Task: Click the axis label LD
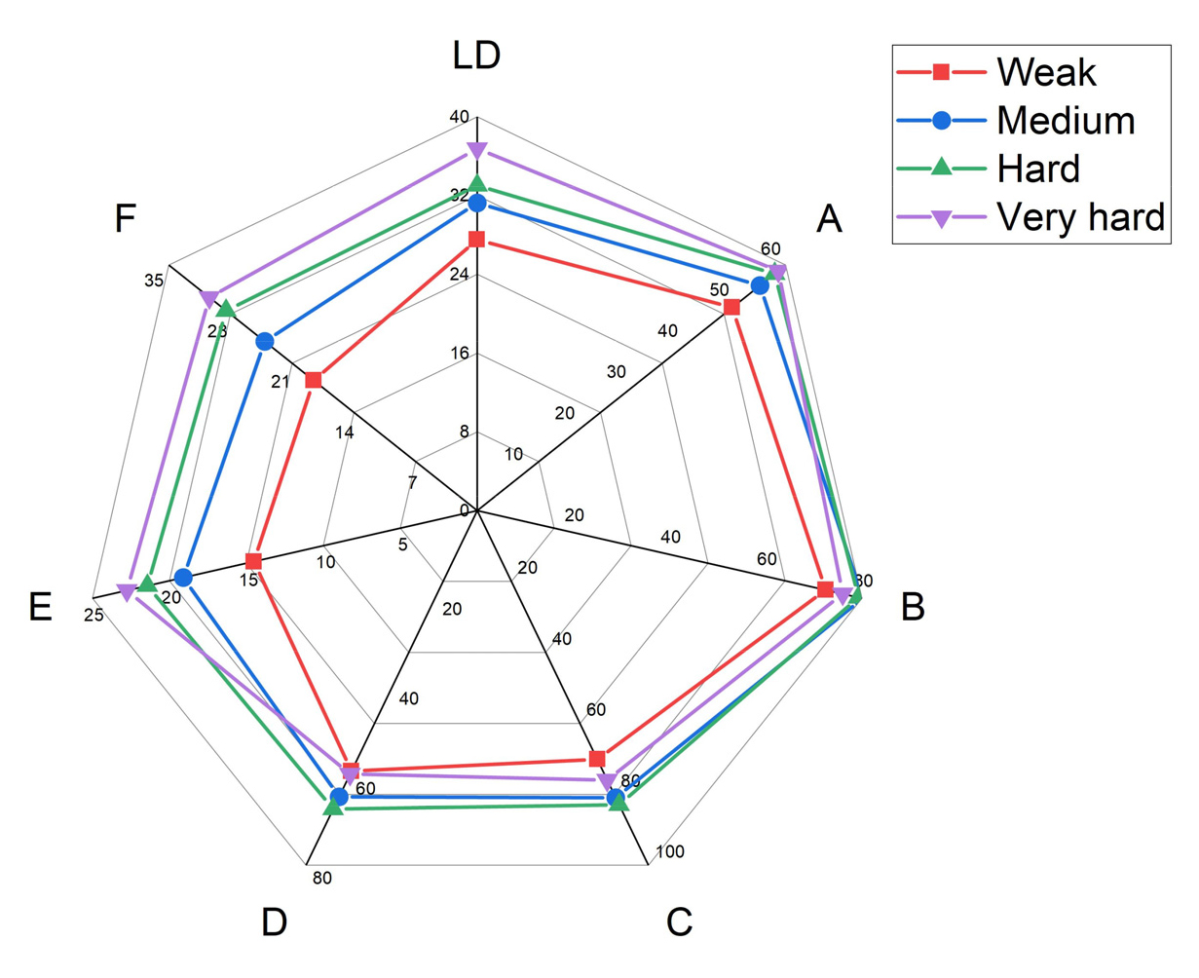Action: click(476, 56)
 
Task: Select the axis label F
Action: click(125, 219)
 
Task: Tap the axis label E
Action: click(40, 607)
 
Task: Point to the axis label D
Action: click(275, 922)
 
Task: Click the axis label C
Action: click(679, 922)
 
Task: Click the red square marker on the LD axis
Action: click(476, 240)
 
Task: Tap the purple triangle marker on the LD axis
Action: click(476, 150)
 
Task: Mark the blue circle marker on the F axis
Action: click(265, 342)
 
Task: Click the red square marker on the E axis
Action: click(254, 561)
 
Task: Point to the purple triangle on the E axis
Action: click(126, 592)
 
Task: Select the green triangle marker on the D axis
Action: click(334, 804)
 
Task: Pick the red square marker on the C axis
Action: click(598, 759)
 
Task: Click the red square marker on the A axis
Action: click(731, 308)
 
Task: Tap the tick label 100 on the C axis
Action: click(670, 852)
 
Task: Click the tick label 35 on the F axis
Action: click(154, 281)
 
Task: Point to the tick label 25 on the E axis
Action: click(94, 615)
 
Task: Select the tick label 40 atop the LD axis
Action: click(459, 117)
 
